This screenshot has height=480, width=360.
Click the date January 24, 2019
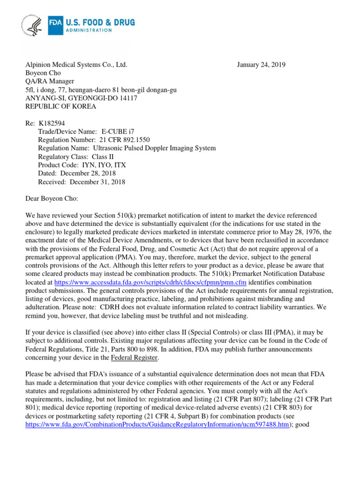pyautogui.click(x=261, y=65)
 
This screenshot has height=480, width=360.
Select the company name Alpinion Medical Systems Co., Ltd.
pyautogui.click(x=76, y=65)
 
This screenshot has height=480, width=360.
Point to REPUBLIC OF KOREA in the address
pyautogui.click(x=60, y=106)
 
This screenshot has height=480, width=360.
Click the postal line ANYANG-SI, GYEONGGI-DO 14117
pyautogui.click(x=81, y=98)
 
